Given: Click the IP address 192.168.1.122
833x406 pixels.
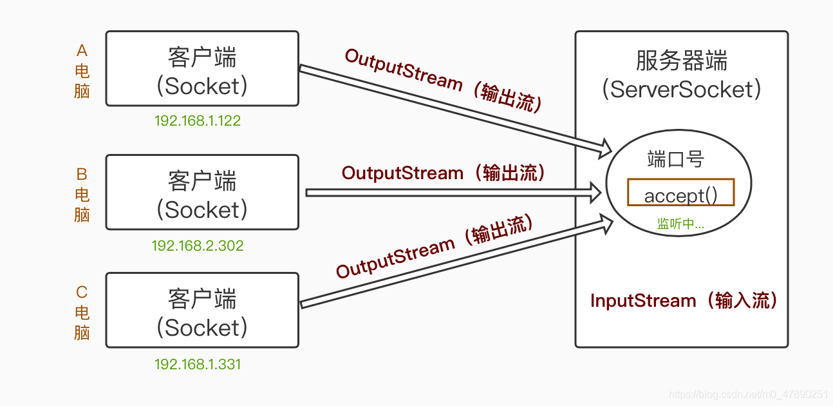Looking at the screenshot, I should (198, 121).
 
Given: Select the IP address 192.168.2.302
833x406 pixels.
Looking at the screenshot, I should (198, 246).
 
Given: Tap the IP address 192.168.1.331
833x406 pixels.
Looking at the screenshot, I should (198, 364).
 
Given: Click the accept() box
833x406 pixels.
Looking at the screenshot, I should (680, 193).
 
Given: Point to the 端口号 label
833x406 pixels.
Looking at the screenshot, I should (675, 159).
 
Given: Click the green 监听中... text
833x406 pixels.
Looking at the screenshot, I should (680, 224).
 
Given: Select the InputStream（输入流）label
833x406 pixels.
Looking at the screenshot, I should (685, 300).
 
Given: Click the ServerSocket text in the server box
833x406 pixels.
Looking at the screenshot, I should (682, 90).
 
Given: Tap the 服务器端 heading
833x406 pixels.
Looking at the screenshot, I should (682, 61).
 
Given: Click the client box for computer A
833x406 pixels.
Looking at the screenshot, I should (202, 68).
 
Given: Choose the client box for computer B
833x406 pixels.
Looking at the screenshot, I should (202, 192).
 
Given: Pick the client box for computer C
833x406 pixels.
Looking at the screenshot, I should (202, 310).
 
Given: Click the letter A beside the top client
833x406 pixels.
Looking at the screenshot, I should (82, 51).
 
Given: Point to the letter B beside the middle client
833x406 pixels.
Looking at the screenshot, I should (82, 174).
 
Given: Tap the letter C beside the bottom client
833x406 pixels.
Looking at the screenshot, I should (82, 293).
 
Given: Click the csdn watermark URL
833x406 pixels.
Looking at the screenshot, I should (748, 394).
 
